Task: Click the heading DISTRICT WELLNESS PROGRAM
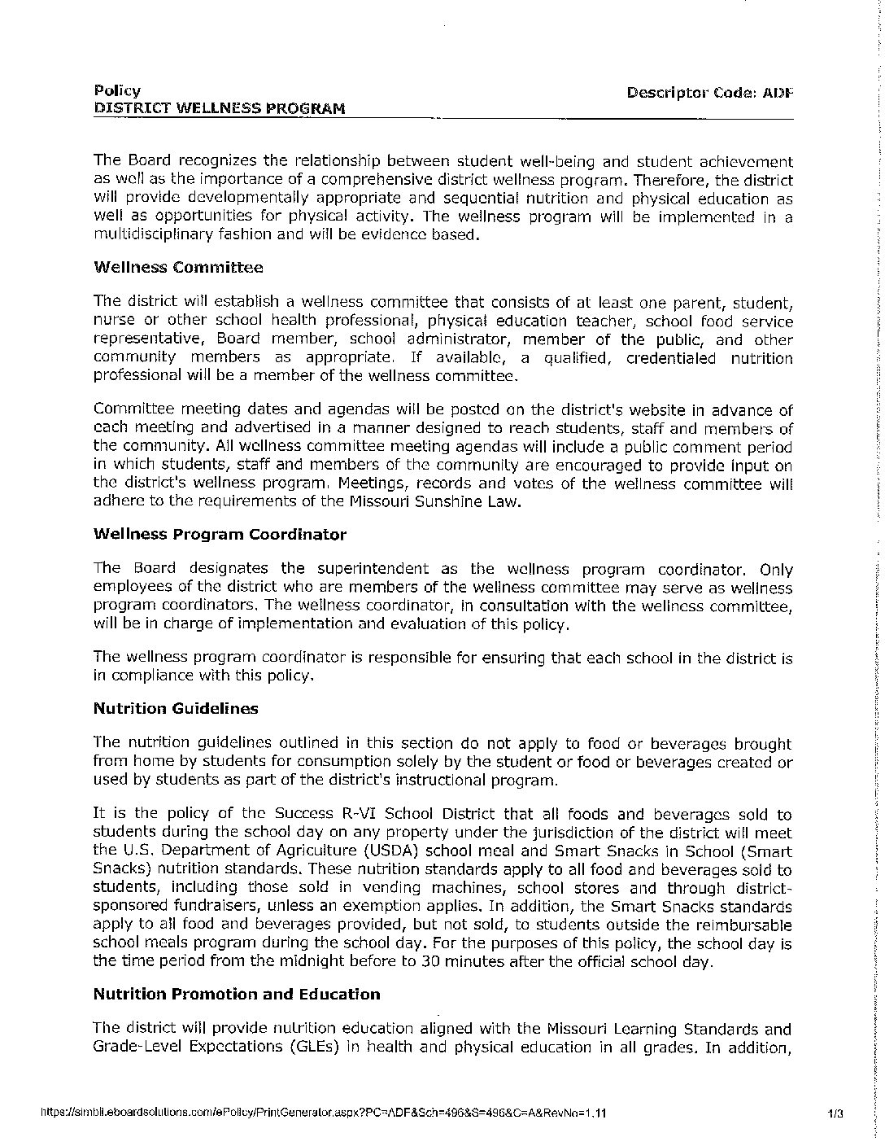click(x=219, y=108)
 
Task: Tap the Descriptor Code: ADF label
click(x=708, y=92)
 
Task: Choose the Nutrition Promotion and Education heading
click(x=237, y=994)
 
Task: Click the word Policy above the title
click(x=117, y=90)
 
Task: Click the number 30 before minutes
click(x=429, y=961)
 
